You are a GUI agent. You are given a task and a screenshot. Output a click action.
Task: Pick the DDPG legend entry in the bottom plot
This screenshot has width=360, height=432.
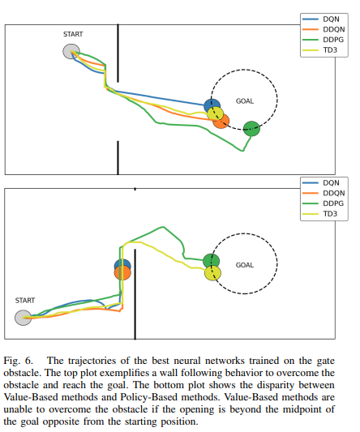pyautogui.click(x=323, y=203)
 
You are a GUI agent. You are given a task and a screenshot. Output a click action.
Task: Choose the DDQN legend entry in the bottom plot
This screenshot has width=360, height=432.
pyautogui.click(x=324, y=193)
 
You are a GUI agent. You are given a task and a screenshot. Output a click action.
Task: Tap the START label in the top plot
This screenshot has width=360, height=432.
pyautogui.click(x=73, y=34)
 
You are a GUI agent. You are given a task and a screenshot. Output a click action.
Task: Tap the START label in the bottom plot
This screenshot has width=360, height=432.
pyautogui.click(x=25, y=301)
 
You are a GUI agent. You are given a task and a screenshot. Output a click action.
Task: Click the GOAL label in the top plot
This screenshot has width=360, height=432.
pyautogui.click(x=245, y=101)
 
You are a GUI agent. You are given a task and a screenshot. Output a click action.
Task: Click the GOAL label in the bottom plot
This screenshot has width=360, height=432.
pyautogui.click(x=245, y=265)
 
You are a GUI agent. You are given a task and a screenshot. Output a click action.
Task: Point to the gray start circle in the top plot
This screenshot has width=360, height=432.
pyautogui.click(x=71, y=52)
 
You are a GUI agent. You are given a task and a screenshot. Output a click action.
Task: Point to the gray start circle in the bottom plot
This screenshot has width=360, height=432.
pyautogui.click(x=23, y=318)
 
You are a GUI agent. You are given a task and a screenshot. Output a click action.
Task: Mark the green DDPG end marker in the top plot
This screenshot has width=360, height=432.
pyautogui.click(x=251, y=129)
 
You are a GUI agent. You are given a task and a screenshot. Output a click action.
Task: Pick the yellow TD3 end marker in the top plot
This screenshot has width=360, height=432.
pyautogui.click(x=216, y=113)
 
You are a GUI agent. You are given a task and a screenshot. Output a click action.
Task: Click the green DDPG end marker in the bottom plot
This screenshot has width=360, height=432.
pyautogui.click(x=211, y=260)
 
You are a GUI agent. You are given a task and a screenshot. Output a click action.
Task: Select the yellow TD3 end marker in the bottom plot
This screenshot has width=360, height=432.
pyautogui.click(x=212, y=273)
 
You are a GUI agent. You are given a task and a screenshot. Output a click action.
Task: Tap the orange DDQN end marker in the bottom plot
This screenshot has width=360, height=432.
pyautogui.click(x=122, y=272)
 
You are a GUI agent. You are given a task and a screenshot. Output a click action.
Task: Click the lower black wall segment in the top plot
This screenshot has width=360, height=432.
pyautogui.click(x=118, y=158)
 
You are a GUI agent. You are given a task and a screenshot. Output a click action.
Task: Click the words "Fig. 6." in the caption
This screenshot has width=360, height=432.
pyautogui.click(x=18, y=361)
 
